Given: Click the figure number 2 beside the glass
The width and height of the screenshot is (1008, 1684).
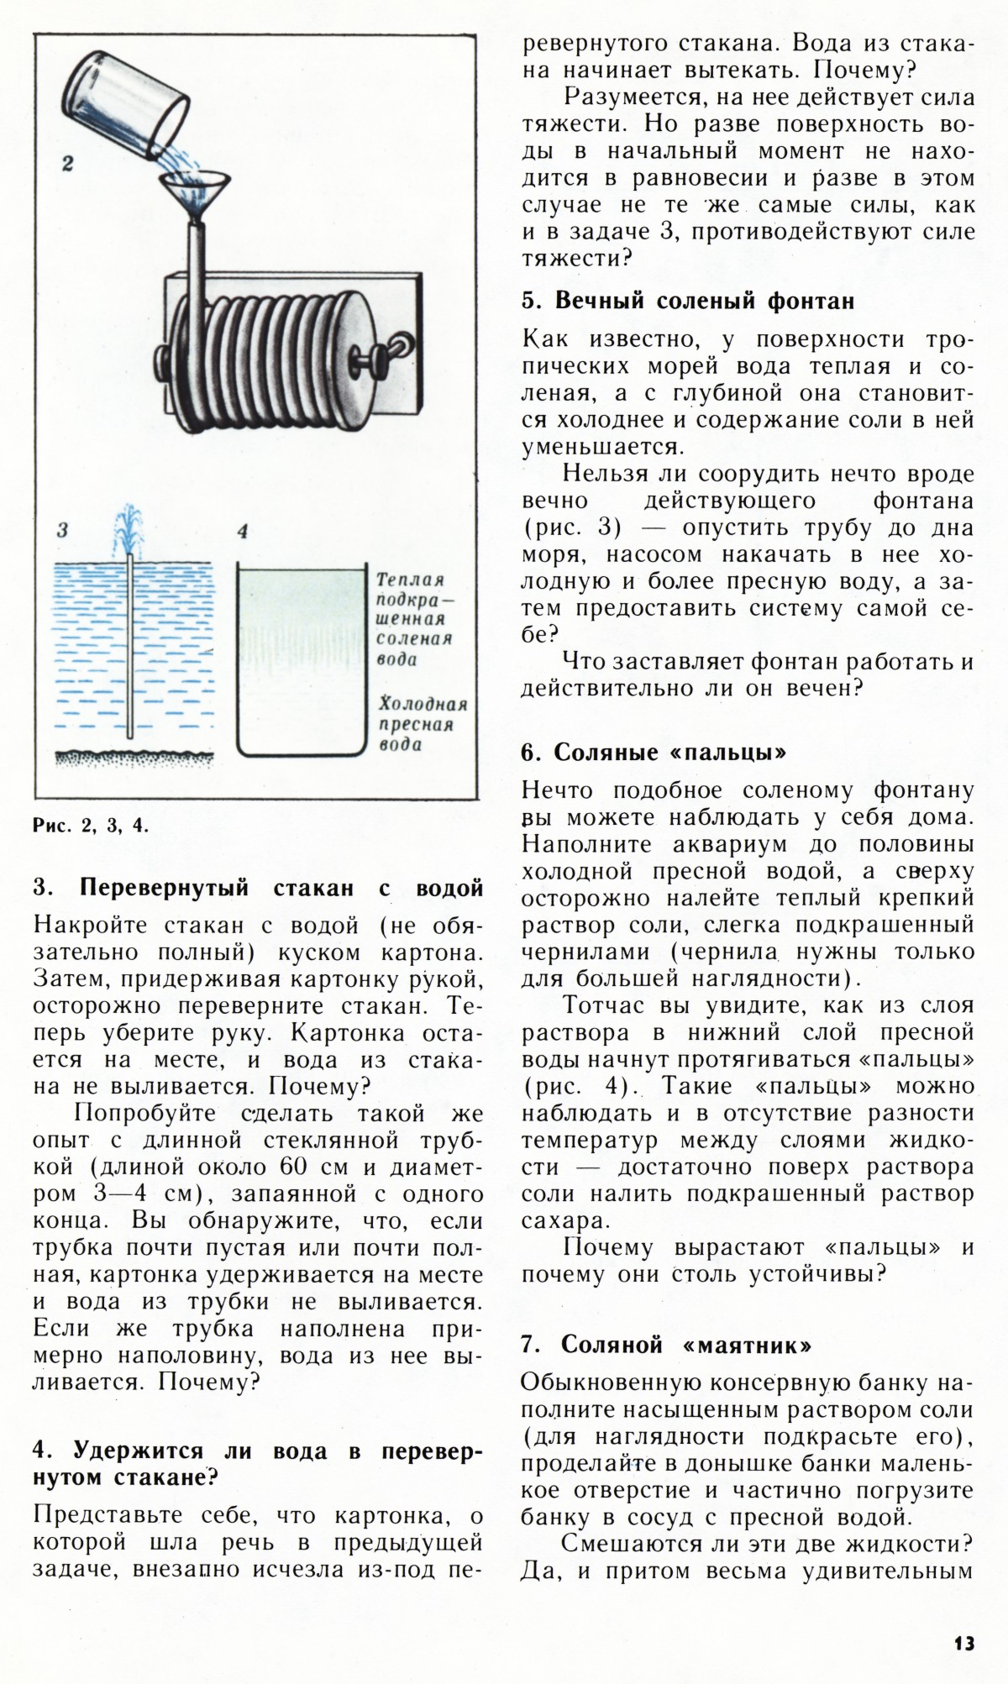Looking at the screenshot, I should tap(67, 165).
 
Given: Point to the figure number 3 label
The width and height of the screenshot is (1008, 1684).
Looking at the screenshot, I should tap(61, 530).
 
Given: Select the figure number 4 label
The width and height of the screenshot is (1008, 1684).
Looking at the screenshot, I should tap(243, 531).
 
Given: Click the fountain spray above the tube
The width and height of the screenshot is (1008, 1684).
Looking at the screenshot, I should tap(129, 526).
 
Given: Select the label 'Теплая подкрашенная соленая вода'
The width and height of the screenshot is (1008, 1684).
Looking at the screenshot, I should tap(412, 620).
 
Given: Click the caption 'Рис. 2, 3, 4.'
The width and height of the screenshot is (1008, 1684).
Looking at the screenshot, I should tap(91, 825).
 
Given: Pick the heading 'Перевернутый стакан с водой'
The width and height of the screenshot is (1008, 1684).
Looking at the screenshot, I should tap(258, 888).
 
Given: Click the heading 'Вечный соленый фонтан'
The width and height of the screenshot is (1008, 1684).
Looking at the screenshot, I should tap(687, 301).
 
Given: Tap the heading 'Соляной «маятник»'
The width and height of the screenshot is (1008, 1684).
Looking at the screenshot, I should tap(666, 1345).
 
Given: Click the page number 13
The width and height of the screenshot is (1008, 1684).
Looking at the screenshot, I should tap(963, 1643).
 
